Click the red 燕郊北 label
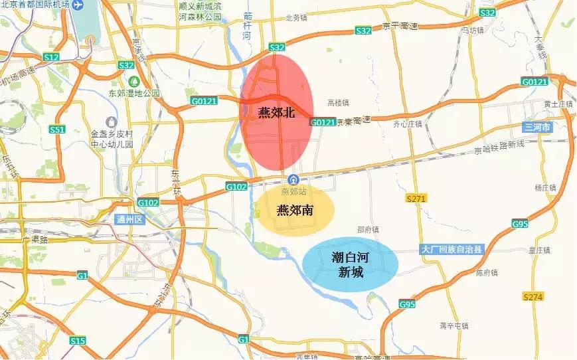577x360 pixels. pyautogui.click(x=276, y=112)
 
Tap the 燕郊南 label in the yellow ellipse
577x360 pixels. pyautogui.click(x=295, y=211)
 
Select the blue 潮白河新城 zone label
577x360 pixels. pyautogui.click(x=351, y=264)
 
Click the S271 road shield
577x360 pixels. pyautogui.click(x=416, y=198)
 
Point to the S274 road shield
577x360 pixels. pyautogui.click(x=533, y=296)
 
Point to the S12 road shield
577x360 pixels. pyautogui.click(x=52, y=58)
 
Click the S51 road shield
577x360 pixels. pyautogui.click(x=58, y=130)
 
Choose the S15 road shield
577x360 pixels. pyautogui.click(x=78, y=341)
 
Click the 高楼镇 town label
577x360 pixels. pyautogui.click(x=338, y=103)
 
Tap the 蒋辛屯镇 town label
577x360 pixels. pyautogui.click(x=454, y=325)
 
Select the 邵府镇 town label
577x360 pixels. pyautogui.click(x=368, y=230)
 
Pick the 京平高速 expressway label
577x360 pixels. pyautogui.click(x=400, y=27)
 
